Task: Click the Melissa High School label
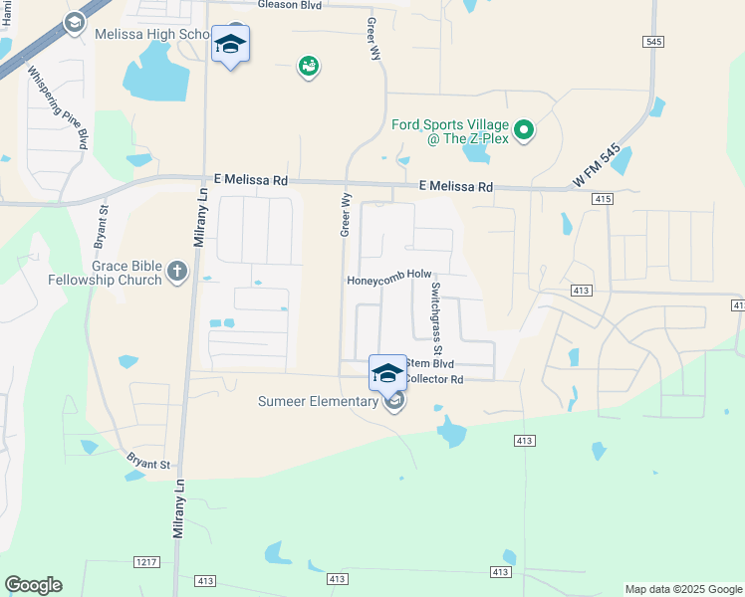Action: pyautogui.click(x=149, y=34)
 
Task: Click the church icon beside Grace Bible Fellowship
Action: pyautogui.click(x=177, y=271)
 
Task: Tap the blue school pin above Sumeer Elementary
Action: pyautogui.click(x=386, y=375)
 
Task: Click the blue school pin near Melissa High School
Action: pyautogui.click(x=230, y=45)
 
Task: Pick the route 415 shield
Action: pyautogui.click(x=601, y=199)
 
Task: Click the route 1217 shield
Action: pyautogui.click(x=146, y=562)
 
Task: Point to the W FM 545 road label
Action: pyautogui.click(x=598, y=166)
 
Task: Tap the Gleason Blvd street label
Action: pyautogui.click(x=290, y=5)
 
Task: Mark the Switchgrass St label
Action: pyautogui.click(x=435, y=318)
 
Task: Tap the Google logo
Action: pyautogui.click(x=33, y=585)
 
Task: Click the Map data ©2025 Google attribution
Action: pyautogui.click(x=682, y=589)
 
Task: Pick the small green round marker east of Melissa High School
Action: pyautogui.click(x=309, y=67)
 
